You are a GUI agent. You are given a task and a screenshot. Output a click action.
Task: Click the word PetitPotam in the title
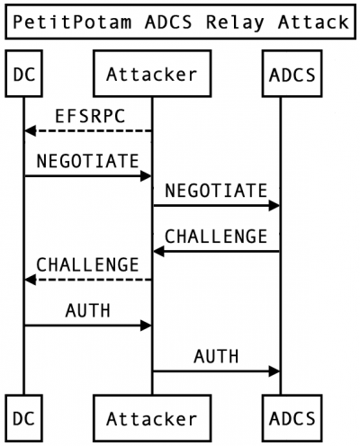(x=72, y=22)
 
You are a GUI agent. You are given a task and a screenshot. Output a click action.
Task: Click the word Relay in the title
(x=235, y=22)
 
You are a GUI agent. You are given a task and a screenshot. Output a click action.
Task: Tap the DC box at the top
(x=23, y=74)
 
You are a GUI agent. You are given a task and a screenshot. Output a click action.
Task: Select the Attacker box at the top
(x=152, y=74)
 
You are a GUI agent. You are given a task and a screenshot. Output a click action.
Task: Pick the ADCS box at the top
(x=292, y=74)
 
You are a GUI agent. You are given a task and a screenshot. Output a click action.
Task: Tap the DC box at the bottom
(x=23, y=418)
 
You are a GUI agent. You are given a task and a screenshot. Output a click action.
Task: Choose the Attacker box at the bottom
(x=152, y=418)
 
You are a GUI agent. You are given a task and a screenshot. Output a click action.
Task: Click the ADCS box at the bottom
(x=292, y=418)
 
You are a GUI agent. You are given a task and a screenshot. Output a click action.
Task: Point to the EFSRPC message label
(x=90, y=116)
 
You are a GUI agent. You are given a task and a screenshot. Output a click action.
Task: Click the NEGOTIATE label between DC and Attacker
(x=87, y=161)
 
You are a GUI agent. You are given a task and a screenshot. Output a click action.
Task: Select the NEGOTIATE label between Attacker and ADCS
(x=216, y=191)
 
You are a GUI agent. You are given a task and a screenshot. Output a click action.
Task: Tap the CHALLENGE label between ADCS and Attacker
(x=216, y=236)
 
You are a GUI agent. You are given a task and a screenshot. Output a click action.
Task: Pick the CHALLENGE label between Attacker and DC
(x=87, y=264)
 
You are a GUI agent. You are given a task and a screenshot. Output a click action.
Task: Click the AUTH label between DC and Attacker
(x=88, y=310)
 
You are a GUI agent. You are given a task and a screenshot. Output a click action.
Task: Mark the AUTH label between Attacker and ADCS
(x=216, y=356)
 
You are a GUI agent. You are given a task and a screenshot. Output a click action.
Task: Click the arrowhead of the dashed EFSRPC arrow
(x=30, y=131)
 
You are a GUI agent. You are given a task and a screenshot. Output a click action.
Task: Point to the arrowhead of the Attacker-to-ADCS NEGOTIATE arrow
(x=274, y=206)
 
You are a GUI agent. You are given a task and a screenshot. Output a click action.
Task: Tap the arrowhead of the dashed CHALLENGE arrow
(x=30, y=280)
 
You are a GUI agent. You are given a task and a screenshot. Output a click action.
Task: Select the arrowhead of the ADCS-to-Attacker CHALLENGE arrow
(x=158, y=251)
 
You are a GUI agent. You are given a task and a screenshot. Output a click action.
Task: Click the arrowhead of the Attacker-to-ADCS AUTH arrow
(x=274, y=371)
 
